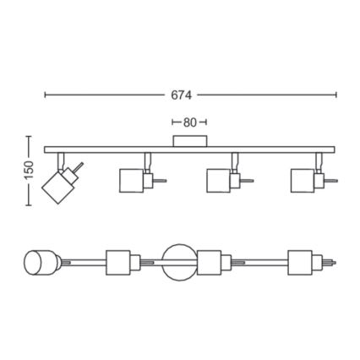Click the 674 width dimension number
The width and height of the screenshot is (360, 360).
point(182,95)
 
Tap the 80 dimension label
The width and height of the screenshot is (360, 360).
point(189,123)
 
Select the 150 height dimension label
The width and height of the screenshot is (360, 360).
point(29,170)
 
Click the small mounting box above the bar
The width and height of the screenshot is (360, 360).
point(190,141)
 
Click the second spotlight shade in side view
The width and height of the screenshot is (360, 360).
point(131,181)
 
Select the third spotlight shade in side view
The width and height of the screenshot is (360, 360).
point(219,181)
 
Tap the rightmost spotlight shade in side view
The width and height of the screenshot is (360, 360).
point(303,181)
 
